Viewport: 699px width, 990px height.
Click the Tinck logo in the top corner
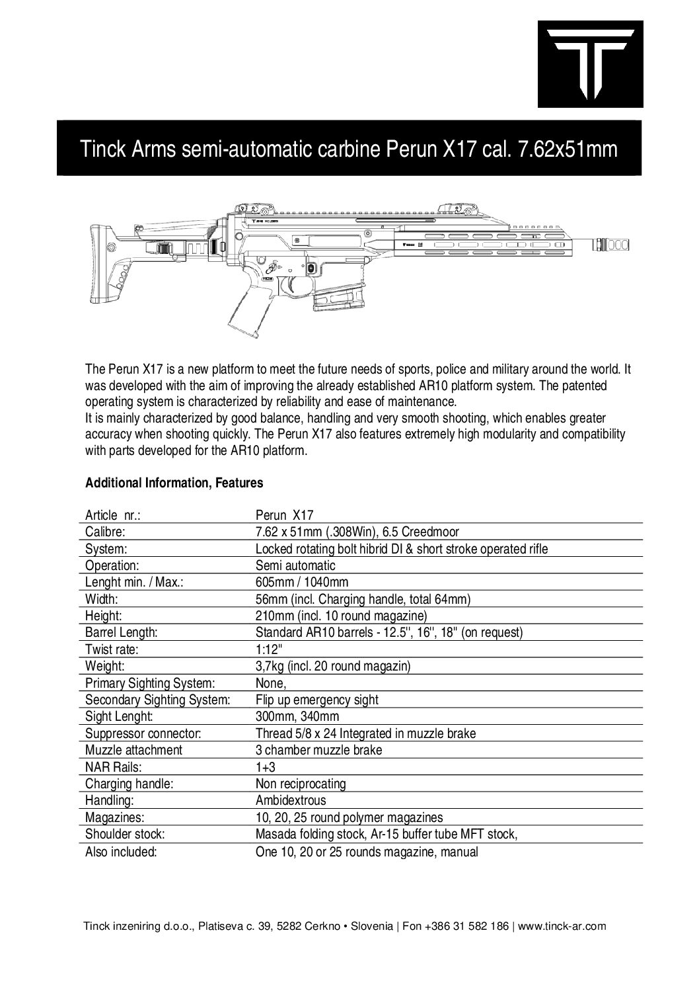[590, 63]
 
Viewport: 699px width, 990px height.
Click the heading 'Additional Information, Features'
[174, 483]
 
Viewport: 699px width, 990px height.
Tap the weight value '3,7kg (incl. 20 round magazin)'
[333, 667]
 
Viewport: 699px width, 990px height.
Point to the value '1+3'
[265, 768]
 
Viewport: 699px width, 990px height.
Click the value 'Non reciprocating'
[301, 784]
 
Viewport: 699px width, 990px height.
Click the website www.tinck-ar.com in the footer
[562, 927]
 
